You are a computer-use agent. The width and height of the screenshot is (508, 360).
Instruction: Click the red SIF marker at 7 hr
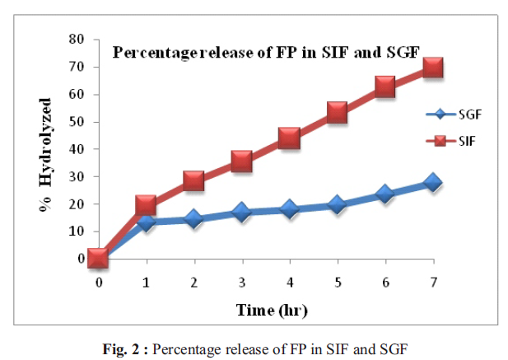pos(432,67)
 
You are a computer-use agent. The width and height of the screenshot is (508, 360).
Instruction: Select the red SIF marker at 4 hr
pos(289,138)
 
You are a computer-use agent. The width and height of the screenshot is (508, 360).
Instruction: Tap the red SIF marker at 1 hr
pos(146,205)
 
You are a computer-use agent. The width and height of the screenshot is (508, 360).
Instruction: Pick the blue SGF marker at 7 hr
pos(432,183)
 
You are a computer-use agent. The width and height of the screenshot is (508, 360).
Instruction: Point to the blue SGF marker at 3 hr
pos(241,212)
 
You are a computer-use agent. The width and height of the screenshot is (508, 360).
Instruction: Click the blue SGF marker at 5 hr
pos(337,205)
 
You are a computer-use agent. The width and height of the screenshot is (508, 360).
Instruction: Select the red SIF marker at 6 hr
pos(384,86)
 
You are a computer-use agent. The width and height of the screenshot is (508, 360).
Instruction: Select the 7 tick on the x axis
pos(432,282)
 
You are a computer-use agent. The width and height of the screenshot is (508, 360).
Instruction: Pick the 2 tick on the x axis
pos(193,282)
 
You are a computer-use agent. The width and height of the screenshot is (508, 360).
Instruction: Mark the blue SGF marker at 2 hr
pos(193,218)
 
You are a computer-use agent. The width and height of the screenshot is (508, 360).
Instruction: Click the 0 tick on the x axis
pos(99,282)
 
